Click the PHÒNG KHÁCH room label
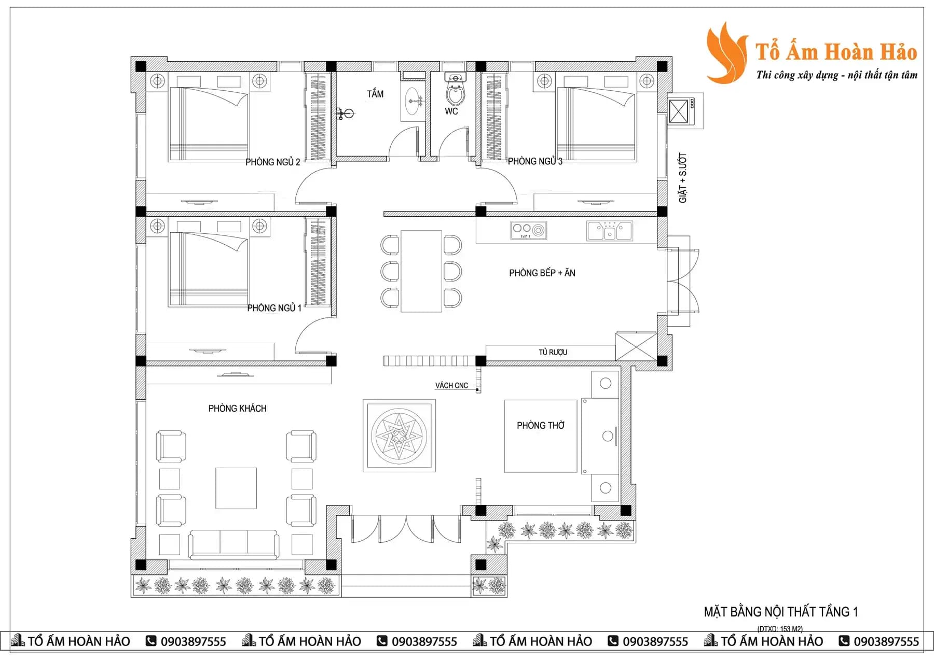[x=237, y=409]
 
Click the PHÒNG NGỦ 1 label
[x=274, y=308]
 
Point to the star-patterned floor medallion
[x=399, y=436]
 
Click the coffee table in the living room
[x=236, y=488]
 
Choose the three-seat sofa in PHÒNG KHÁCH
[x=234, y=544]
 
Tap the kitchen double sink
[x=610, y=231]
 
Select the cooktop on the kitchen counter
[x=529, y=230]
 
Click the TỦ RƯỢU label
[x=553, y=353]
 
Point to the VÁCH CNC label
[x=451, y=386]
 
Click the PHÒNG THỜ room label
[x=541, y=426]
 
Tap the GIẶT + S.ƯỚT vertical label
[x=683, y=178]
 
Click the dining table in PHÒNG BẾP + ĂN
[x=421, y=271]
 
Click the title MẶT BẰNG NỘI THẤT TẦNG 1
[x=781, y=612]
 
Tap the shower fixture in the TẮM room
[x=345, y=113]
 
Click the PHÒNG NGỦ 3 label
[x=535, y=161]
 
